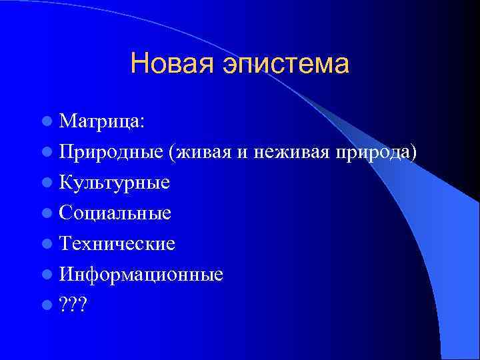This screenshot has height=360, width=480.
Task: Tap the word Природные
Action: [x=111, y=153]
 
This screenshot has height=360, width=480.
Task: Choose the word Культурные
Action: [x=114, y=183]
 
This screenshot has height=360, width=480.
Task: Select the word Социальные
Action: [x=115, y=213]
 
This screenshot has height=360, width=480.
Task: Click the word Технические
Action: [x=117, y=244]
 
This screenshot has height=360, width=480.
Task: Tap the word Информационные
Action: [x=141, y=275]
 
